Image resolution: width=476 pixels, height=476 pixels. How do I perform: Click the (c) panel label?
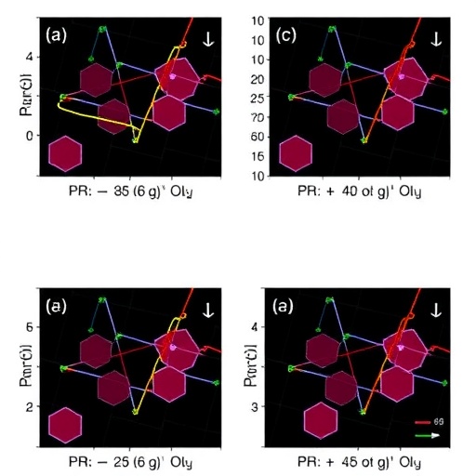[x=287, y=37]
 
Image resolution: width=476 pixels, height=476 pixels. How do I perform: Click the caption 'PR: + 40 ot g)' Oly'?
[x=359, y=192]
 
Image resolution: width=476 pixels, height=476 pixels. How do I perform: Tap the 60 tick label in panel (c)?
[x=258, y=138]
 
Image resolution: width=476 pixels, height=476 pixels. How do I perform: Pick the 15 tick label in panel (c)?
[x=258, y=156]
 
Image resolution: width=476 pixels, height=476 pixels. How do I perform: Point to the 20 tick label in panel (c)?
[x=258, y=79]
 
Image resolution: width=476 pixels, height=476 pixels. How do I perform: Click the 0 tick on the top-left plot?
[x=28, y=136]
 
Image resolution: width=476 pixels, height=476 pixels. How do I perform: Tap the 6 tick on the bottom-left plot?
[x=28, y=328]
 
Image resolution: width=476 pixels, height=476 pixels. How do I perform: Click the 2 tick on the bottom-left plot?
[x=28, y=407]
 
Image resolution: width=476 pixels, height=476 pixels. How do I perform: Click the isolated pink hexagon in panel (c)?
[x=296, y=153]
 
